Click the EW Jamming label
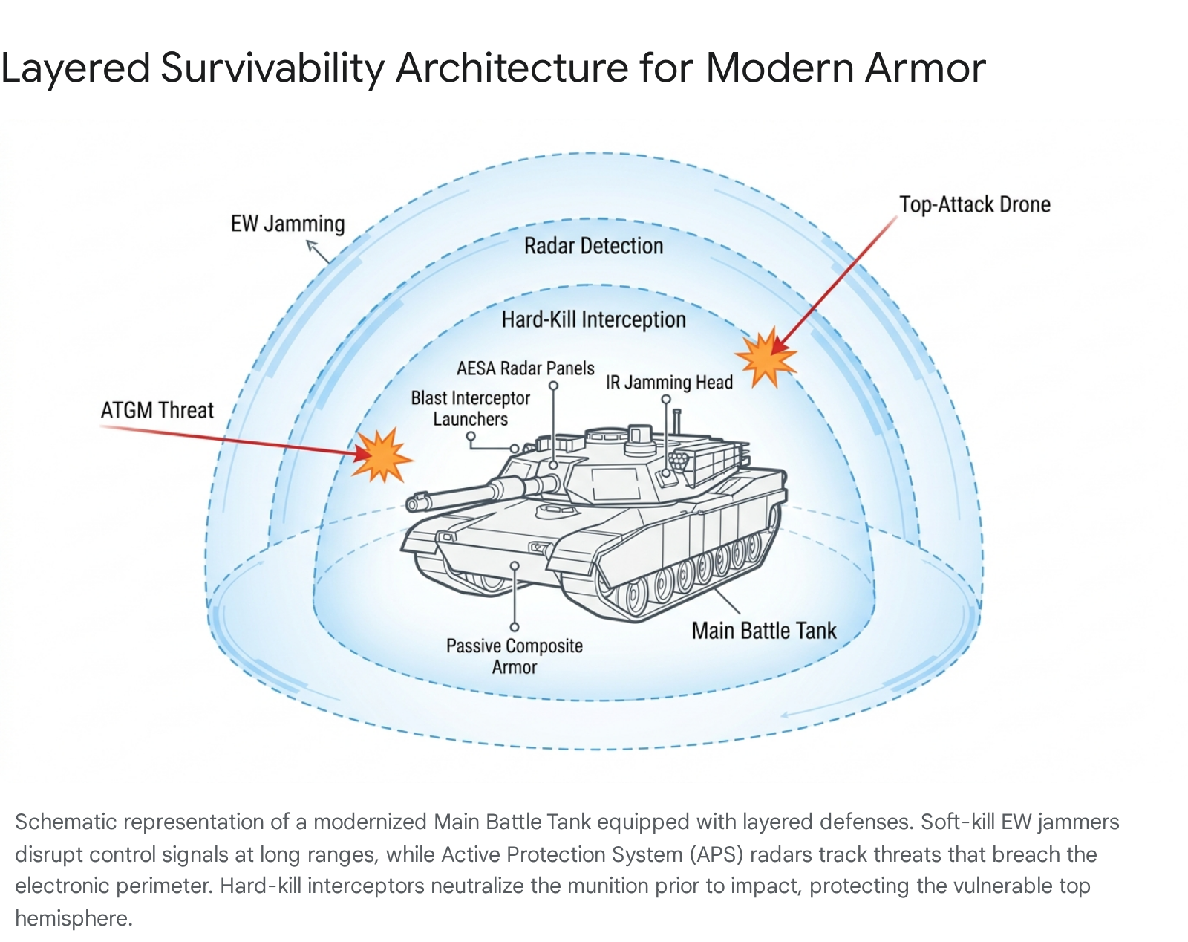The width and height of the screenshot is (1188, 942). pos(287,224)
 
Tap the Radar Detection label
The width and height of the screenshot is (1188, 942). pos(593,246)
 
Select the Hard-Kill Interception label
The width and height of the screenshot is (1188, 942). pos(593,320)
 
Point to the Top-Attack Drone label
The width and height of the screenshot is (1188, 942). pos(974,205)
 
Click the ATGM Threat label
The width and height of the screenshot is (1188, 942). pos(157,410)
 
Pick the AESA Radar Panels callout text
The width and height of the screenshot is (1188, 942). pos(525,368)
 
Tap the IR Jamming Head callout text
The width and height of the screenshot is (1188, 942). pos(669,383)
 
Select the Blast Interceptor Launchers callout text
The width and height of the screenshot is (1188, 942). pos(470,409)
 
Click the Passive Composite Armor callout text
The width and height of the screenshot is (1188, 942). pos(514,656)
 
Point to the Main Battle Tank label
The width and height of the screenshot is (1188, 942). pos(763,631)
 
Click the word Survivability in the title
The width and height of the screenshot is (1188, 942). pos(272,68)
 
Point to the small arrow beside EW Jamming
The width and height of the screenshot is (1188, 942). pos(319,252)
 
